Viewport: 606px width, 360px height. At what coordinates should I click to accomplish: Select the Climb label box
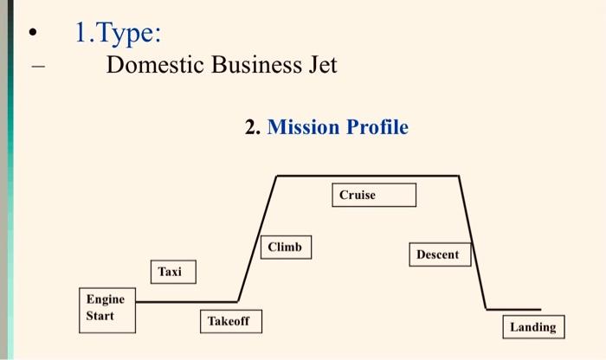[286, 247]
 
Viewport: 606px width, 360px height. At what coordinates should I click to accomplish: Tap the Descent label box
[438, 254]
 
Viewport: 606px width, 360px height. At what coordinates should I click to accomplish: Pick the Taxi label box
[172, 272]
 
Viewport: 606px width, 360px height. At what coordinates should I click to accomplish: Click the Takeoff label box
[229, 321]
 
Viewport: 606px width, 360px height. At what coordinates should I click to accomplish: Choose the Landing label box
[532, 327]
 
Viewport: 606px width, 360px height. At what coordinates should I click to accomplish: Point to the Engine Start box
[107, 307]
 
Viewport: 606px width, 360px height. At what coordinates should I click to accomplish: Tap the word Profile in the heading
[377, 127]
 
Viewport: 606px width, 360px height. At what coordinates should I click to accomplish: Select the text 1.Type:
[118, 34]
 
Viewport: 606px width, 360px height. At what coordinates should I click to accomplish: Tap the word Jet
[321, 66]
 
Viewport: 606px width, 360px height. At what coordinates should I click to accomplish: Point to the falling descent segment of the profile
[473, 242]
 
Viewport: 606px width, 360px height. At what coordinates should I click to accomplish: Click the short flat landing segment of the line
[513, 309]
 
